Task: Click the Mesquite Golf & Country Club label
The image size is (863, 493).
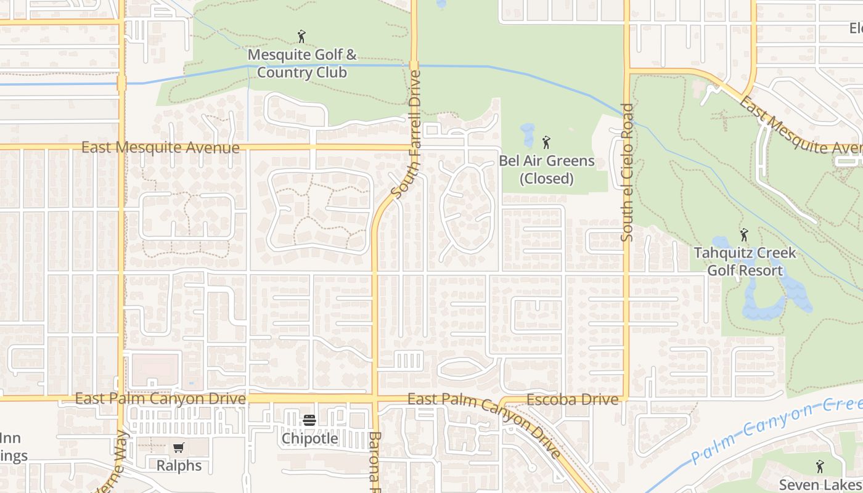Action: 301,63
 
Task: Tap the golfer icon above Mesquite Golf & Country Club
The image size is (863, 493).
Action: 301,36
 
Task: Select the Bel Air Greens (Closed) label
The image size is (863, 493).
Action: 546,169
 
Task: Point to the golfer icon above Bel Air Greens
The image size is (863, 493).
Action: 546,143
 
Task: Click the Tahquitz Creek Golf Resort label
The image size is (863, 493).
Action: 745,261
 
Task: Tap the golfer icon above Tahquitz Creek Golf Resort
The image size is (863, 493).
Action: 744,235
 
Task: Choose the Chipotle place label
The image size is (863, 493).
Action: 309,438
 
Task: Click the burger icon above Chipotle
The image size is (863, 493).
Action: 309,420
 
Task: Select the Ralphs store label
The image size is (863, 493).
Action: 179,465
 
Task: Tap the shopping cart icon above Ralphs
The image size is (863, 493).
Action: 179,448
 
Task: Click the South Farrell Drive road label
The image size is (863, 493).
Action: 406,134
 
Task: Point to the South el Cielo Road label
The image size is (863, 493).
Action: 627,173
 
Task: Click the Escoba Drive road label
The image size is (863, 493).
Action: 573,399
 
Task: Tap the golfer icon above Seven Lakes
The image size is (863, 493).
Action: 819,467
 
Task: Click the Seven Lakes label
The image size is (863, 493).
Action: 820,484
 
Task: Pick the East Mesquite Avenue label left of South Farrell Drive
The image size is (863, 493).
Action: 160,147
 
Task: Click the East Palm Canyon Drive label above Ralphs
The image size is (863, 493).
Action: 160,399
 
